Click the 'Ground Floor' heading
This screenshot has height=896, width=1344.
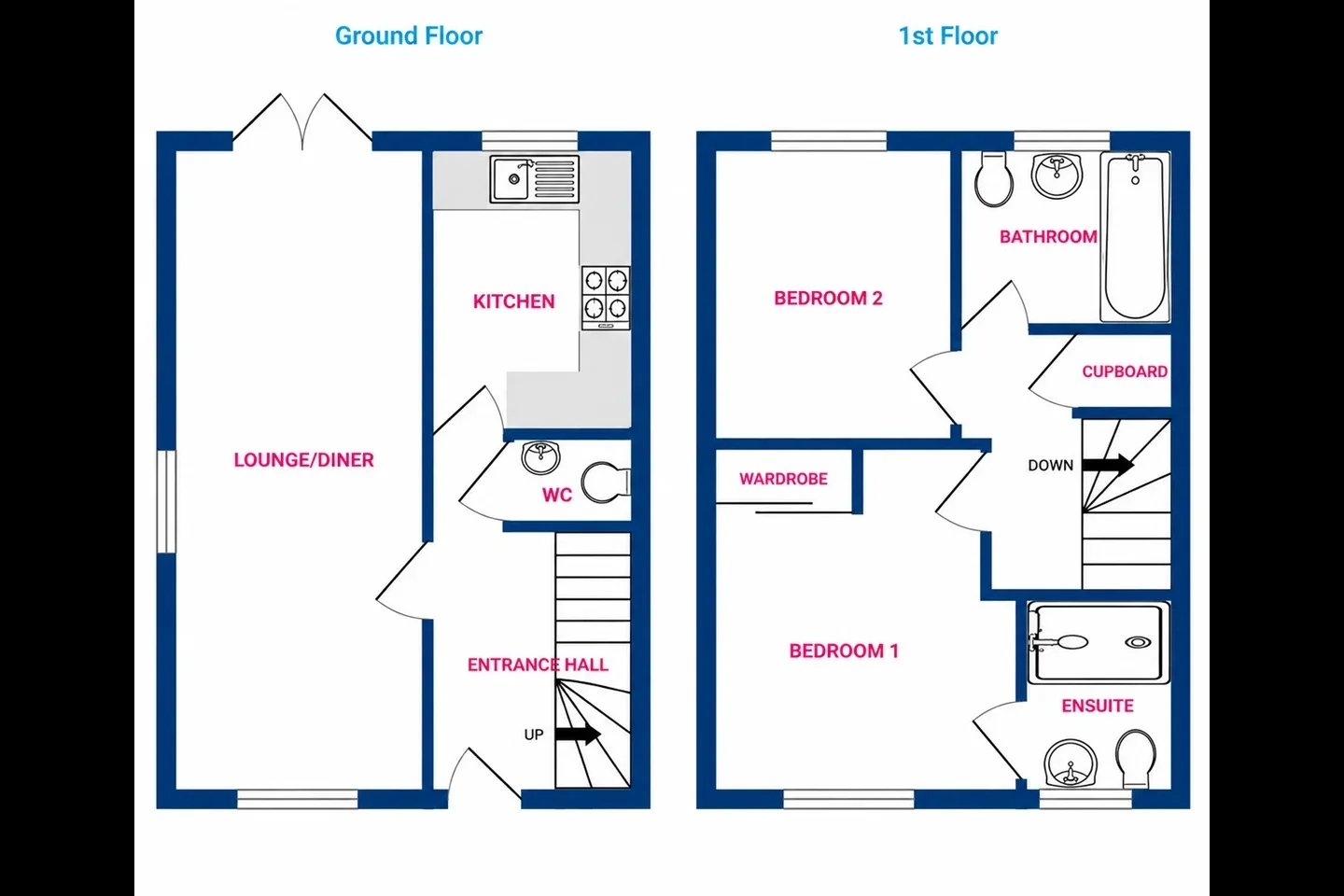[x=409, y=36]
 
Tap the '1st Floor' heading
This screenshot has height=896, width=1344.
[x=948, y=36]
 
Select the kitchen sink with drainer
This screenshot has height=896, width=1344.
[x=535, y=179]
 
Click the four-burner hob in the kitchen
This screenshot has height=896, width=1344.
[x=606, y=298]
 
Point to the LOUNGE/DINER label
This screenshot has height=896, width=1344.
[x=303, y=460]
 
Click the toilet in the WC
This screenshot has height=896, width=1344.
[x=606, y=482]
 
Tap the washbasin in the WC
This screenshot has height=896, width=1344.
[x=540, y=457]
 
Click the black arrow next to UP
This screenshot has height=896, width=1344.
[x=578, y=734]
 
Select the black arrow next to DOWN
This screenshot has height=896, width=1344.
[x=1108, y=464]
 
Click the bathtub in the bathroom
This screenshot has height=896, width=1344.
[x=1135, y=236]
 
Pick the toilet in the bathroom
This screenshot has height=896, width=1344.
[x=994, y=179]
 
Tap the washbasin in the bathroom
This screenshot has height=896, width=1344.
[x=1057, y=175]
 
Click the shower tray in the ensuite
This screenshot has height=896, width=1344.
[x=1099, y=643]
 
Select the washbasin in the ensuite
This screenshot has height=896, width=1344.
[x=1071, y=763]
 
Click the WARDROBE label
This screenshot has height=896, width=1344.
[x=783, y=479]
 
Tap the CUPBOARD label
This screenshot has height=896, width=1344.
[x=1125, y=371]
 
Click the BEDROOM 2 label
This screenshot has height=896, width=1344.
[x=828, y=299]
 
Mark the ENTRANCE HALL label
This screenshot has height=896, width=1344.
[x=538, y=665]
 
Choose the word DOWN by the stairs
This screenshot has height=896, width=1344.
[x=1051, y=465]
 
